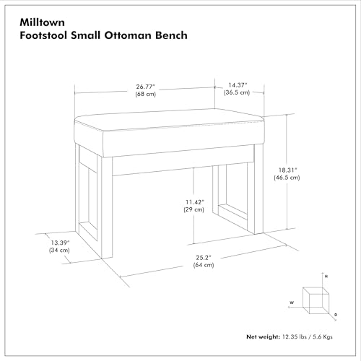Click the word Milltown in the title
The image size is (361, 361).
coord(42,22)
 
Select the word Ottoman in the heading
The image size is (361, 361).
coord(127,35)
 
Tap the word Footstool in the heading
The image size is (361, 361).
coord(43,35)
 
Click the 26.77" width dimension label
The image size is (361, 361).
coord(146,87)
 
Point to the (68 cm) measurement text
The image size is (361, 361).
coord(146,94)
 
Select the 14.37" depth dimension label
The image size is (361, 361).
coord(238,85)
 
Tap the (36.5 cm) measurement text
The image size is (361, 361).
coord(237,92)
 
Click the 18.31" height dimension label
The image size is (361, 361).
coord(287,170)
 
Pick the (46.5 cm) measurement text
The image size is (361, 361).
coord(287,178)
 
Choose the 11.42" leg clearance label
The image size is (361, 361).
coord(195,202)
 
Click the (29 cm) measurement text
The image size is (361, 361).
coord(194,209)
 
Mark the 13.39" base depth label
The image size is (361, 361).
coord(60,243)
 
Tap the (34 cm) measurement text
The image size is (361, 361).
coord(59,250)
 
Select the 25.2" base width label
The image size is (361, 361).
coord(204,258)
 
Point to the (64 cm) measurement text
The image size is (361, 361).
coord(204,265)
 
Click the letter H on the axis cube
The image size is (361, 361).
coord(326,277)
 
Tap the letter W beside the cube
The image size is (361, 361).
coord(292,303)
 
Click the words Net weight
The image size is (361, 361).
coord(263,336)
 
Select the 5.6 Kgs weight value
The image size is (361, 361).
coord(323,336)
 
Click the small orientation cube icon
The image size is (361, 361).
coord(316,300)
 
